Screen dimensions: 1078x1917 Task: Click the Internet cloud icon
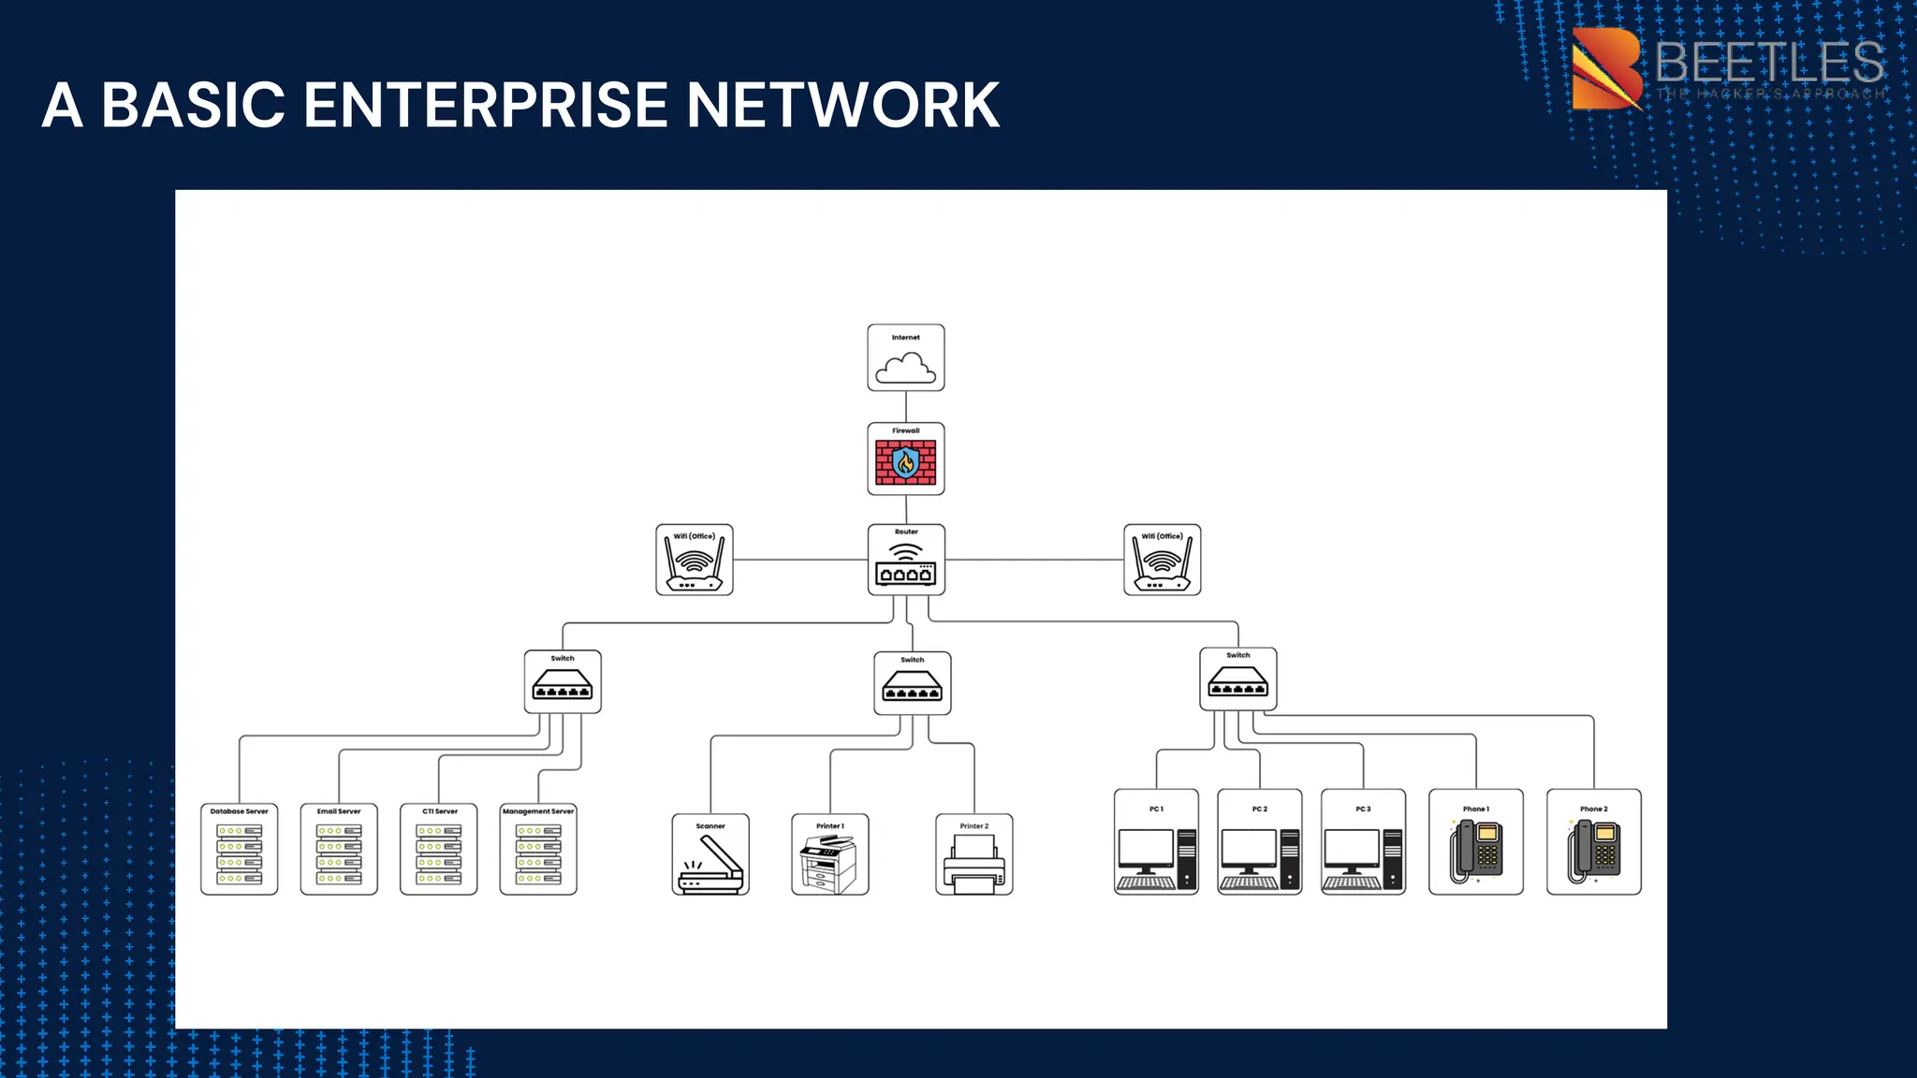[x=905, y=368]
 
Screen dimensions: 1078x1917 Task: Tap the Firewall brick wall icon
[x=905, y=461]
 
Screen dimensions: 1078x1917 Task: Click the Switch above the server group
[x=563, y=682]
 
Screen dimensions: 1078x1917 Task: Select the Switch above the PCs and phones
[x=1237, y=679]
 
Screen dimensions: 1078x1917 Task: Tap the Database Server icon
[x=240, y=853]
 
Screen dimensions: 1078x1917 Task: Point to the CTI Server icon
[x=438, y=853]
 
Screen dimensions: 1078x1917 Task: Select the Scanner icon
[x=710, y=863]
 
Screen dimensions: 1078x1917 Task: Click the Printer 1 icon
[x=829, y=863]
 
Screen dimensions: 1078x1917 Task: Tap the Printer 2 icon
[x=973, y=863]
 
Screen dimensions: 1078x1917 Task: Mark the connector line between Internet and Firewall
[x=905, y=407]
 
